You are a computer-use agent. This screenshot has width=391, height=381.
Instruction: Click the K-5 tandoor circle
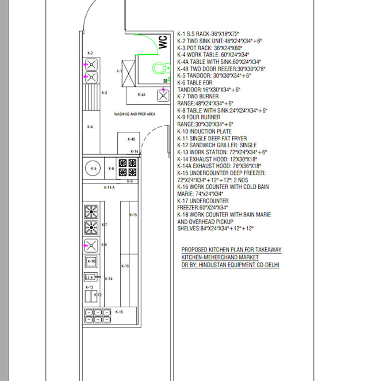[x=94, y=168]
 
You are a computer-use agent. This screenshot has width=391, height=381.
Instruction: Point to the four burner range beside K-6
[x=128, y=167]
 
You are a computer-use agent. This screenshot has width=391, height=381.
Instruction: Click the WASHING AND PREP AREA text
[x=135, y=114]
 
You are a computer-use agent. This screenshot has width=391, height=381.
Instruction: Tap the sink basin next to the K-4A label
[x=163, y=96]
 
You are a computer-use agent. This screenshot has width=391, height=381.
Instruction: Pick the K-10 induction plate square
[x=91, y=262]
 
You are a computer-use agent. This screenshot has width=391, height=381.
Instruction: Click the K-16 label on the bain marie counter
[x=119, y=312]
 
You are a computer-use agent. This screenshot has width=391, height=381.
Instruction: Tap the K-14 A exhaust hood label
[x=109, y=188]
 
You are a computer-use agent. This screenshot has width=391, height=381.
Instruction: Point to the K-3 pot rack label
[x=105, y=93]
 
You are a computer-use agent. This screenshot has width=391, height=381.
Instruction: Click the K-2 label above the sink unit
[x=90, y=53]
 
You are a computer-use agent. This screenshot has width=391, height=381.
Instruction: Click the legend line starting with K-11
[x=212, y=139]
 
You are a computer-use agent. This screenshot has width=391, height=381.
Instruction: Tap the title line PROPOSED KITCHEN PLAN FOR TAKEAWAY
[x=231, y=250]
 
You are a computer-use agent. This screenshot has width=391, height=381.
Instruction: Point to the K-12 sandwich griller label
[x=98, y=295]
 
